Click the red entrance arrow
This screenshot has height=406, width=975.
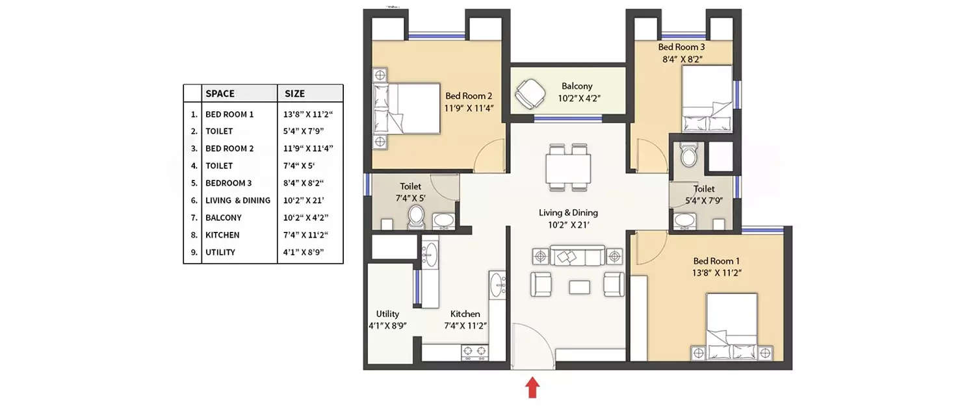[532, 387]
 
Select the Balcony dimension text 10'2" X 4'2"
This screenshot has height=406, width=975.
[577, 98]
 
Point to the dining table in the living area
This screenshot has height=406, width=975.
[569, 168]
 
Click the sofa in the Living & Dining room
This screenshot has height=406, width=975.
[577, 256]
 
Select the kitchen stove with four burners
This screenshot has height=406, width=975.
[474, 352]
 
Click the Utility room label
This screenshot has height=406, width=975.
[387, 314]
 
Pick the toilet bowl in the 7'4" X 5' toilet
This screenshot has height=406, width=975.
[416, 216]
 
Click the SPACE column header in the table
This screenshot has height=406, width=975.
[220, 94]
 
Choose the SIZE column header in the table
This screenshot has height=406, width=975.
[294, 94]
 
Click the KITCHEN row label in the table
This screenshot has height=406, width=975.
[222, 235]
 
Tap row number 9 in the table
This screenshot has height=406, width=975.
[194, 253]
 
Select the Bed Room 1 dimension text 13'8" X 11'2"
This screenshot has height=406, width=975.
[718, 273]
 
